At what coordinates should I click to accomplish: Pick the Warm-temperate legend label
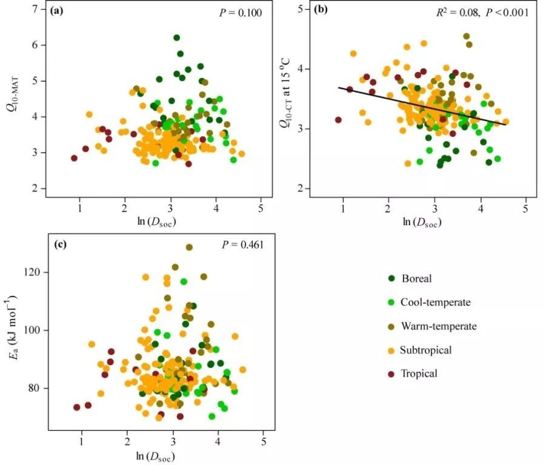coord(441,326)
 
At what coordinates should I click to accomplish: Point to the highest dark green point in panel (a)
coord(176,38)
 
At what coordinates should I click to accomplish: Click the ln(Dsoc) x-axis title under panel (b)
coord(422,222)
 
